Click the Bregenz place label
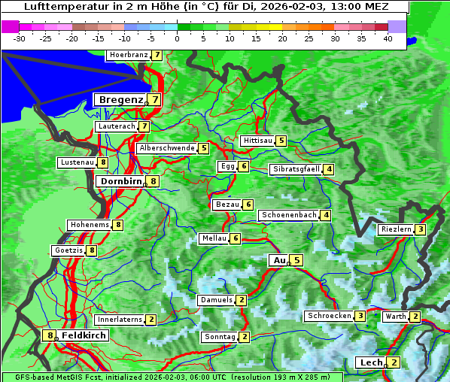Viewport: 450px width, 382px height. click(120, 99)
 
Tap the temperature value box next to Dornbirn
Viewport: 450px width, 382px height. click(154, 181)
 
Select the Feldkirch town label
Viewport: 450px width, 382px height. click(84, 335)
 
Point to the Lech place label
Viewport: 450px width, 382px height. click(371, 362)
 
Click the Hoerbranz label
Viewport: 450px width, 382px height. click(127, 55)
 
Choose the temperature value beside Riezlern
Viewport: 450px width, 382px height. click(421, 229)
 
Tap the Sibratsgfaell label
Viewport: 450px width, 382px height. click(296, 169)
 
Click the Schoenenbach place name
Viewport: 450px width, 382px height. click(288, 215)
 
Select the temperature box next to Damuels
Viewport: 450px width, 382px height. click(241, 300)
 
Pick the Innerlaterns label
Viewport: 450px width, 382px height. click(120, 320)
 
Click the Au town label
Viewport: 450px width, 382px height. click(279, 260)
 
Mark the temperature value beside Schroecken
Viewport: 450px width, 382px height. click(360, 316)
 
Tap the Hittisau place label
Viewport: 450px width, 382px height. click(257, 141)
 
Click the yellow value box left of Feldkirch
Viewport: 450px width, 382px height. click(50, 335)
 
